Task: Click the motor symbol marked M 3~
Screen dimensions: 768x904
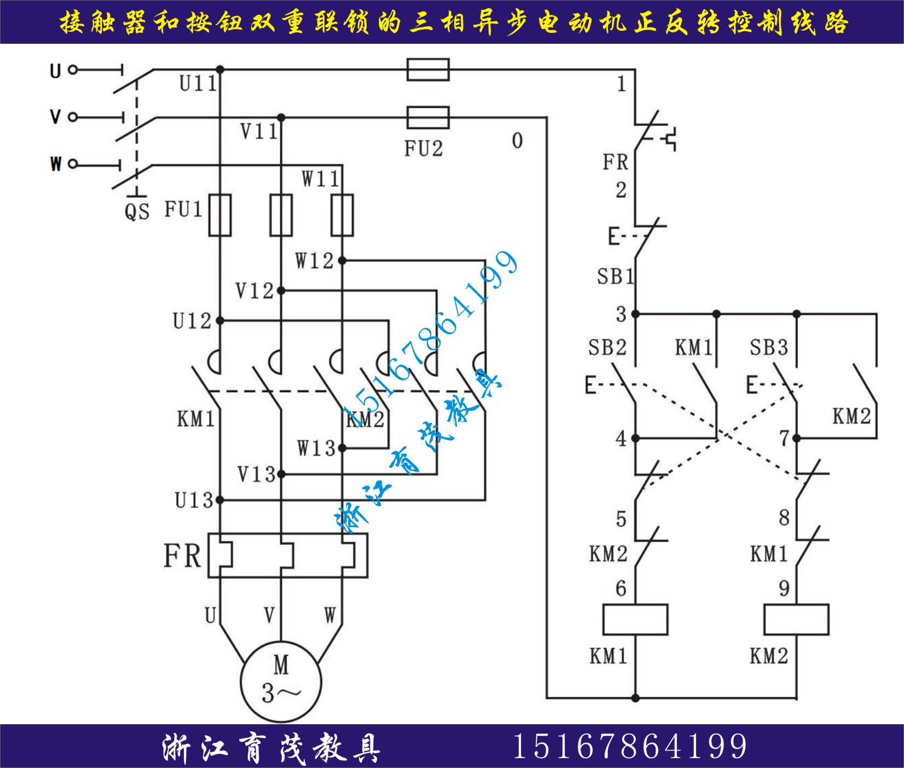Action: coord(281,681)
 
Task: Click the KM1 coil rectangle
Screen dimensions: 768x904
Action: coord(635,620)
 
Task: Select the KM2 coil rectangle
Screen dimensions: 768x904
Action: coord(796,620)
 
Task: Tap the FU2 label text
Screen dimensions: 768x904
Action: coord(423,148)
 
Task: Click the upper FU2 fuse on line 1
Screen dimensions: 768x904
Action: coord(428,70)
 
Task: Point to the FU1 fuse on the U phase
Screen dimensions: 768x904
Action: coord(220,215)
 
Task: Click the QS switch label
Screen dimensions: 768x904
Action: coord(137,211)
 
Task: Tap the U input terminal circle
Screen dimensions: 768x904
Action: coord(73,70)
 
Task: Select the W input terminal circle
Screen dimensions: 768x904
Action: coord(73,164)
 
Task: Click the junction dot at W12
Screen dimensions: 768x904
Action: coord(342,261)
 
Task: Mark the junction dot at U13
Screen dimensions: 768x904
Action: coord(220,500)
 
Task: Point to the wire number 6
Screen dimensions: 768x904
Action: coord(621,588)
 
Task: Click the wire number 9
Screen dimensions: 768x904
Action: coord(784,588)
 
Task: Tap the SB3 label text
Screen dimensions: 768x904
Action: coord(768,347)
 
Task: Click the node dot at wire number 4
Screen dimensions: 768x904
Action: coord(635,438)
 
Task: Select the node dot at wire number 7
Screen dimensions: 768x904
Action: coord(796,438)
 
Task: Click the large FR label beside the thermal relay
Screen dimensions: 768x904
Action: coord(182,555)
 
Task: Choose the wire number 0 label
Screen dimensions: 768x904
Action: coord(517,141)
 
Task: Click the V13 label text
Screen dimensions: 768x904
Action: coord(256,474)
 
